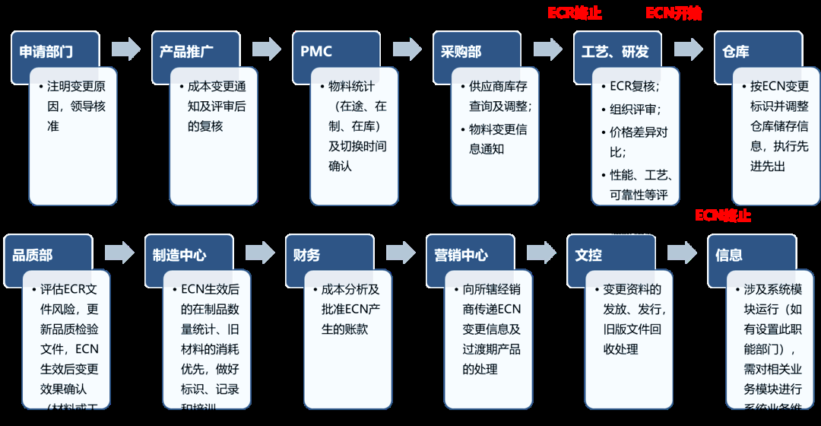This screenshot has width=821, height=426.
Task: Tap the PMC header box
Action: click(316, 52)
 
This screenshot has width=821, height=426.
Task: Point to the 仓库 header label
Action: click(736, 52)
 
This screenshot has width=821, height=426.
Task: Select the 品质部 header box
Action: click(33, 256)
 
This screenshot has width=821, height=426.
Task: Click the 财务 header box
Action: click(303, 256)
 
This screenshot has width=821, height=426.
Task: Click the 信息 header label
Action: click(728, 256)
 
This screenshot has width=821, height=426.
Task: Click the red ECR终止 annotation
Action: click(575, 13)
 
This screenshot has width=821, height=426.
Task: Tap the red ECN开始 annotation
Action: click(674, 13)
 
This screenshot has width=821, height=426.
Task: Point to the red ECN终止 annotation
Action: click(723, 215)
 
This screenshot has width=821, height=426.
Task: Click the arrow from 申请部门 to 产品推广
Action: click(126, 49)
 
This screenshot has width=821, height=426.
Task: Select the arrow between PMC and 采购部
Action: click(407, 49)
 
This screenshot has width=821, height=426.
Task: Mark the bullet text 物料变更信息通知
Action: click(497, 139)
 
